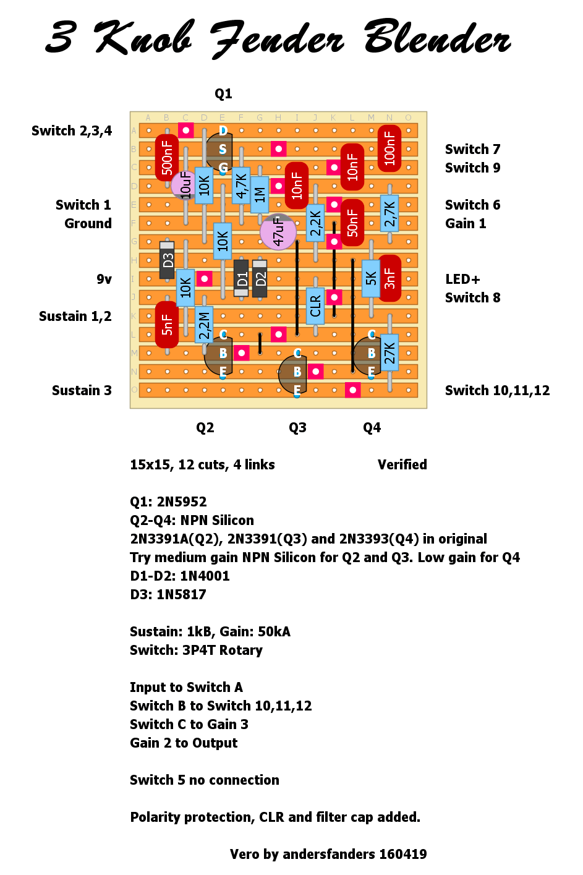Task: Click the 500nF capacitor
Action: coord(167,158)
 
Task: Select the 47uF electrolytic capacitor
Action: coord(278,232)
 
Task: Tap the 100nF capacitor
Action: coord(389,148)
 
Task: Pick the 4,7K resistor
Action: coord(241,186)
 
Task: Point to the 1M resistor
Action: coord(260,195)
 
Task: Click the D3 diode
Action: coord(167,260)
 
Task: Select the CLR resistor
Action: coord(315,306)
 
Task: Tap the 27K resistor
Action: coord(389,352)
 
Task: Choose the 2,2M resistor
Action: coord(204,325)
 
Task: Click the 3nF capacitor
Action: coord(389,278)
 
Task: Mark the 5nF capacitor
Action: coord(167,325)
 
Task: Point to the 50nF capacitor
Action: coord(352,223)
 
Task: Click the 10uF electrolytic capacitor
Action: coord(184,185)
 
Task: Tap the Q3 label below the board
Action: coord(297,428)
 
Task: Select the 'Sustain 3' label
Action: coord(82,390)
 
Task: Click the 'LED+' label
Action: coord(462,279)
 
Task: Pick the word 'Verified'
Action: coord(402,464)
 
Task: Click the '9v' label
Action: coord(104,280)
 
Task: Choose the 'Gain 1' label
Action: coord(466,223)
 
